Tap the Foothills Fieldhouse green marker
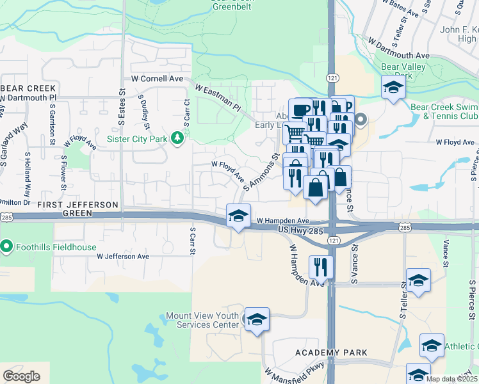[x=7, y=246]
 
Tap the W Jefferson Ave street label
[x=123, y=256]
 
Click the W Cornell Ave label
[x=157, y=79]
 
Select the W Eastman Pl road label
[x=216, y=98]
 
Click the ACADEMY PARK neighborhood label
[x=331, y=353]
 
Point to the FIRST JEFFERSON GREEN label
[x=78, y=204]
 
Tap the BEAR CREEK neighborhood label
[x=29, y=88]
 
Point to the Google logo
[x=21, y=376]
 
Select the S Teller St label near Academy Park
[x=403, y=301]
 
